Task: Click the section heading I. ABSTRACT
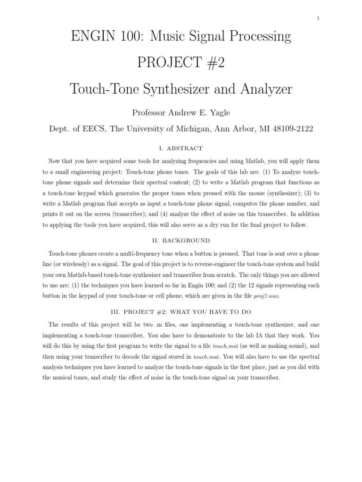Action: tap(181, 148)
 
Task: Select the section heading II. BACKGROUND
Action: tap(181, 240)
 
